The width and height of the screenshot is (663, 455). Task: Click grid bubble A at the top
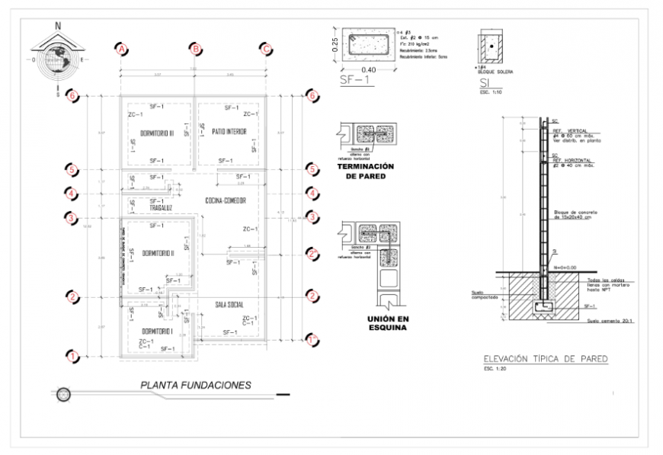(x=120, y=50)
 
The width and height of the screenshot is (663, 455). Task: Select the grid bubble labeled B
(x=195, y=50)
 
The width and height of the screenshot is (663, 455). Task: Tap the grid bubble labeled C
(x=267, y=50)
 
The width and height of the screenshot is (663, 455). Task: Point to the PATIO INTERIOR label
(x=229, y=132)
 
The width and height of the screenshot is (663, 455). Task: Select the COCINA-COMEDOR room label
(x=225, y=200)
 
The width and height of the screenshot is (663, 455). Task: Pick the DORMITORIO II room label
(x=159, y=253)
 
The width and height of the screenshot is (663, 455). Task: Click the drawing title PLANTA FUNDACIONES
(x=195, y=385)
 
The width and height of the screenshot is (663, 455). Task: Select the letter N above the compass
(x=58, y=25)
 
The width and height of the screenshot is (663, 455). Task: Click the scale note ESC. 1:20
(x=495, y=370)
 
